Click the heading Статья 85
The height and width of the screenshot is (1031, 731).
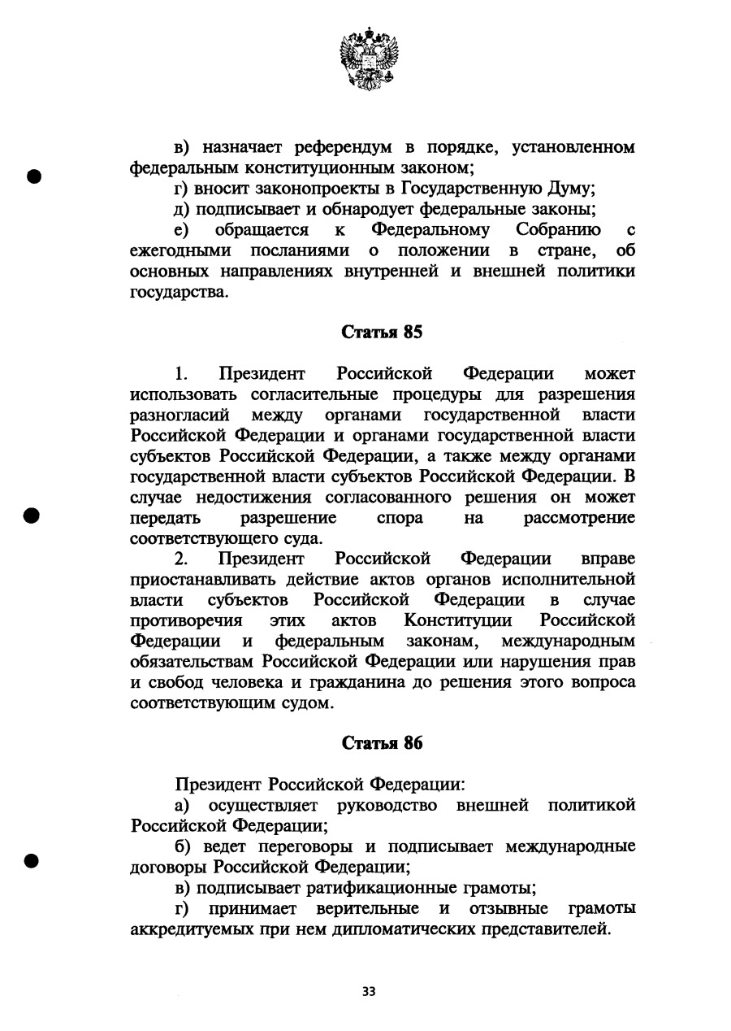tap(383, 333)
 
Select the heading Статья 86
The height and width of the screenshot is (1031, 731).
tap(383, 743)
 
